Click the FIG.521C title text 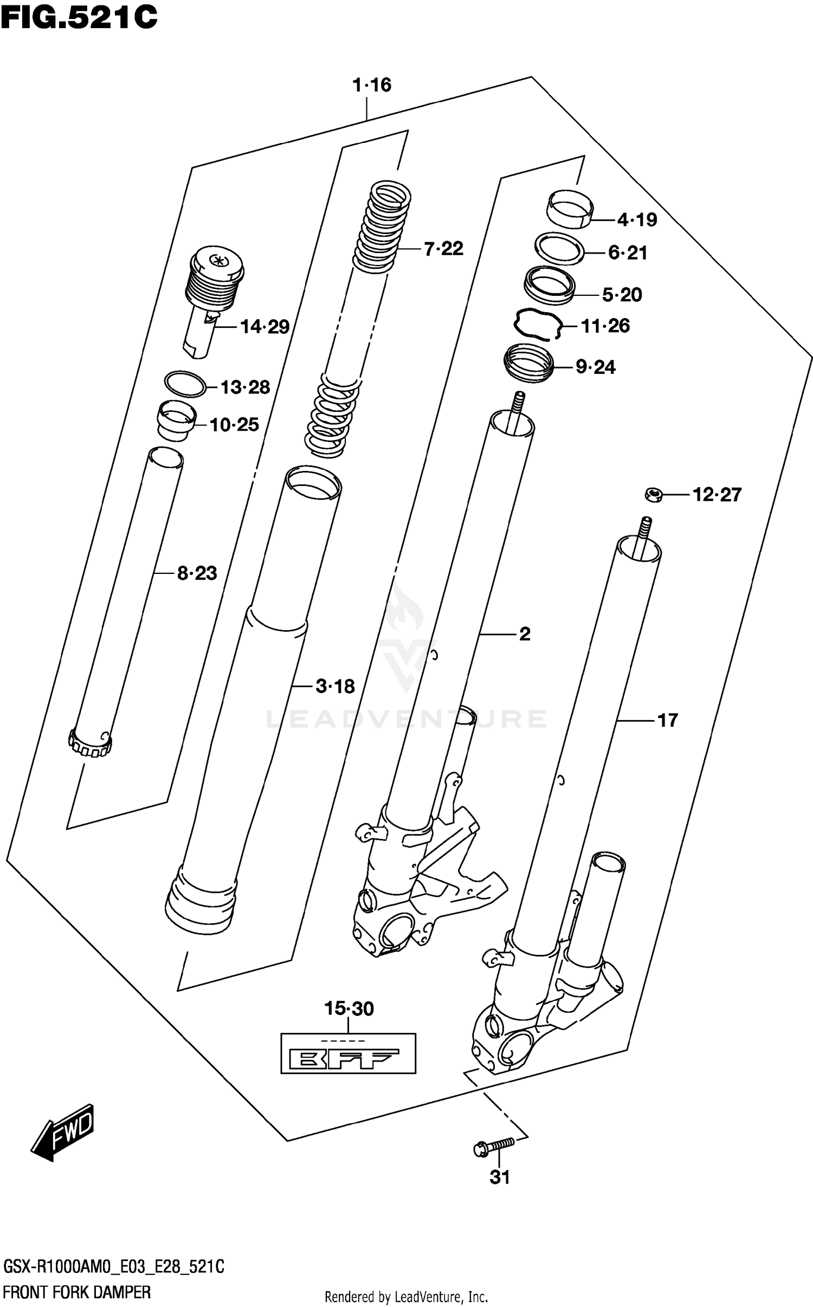pyautogui.click(x=79, y=17)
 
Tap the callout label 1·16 pyautogui.click(x=371, y=85)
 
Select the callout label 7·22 pyautogui.click(x=443, y=249)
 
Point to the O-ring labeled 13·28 pyautogui.click(x=185, y=384)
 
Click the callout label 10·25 pyautogui.click(x=234, y=425)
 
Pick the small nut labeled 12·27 pyautogui.click(x=654, y=495)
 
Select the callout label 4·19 pyautogui.click(x=637, y=220)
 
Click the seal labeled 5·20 pyautogui.click(x=549, y=283)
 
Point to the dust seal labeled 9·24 pyautogui.click(x=528, y=363)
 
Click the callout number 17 pyautogui.click(x=667, y=720)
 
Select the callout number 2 pyautogui.click(x=525, y=633)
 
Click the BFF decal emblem pyautogui.click(x=348, y=1053)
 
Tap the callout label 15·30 pyautogui.click(x=349, y=1008)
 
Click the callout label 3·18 pyautogui.click(x=334, y=687)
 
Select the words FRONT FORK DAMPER pyautogui.click(x=76, y=1292)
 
